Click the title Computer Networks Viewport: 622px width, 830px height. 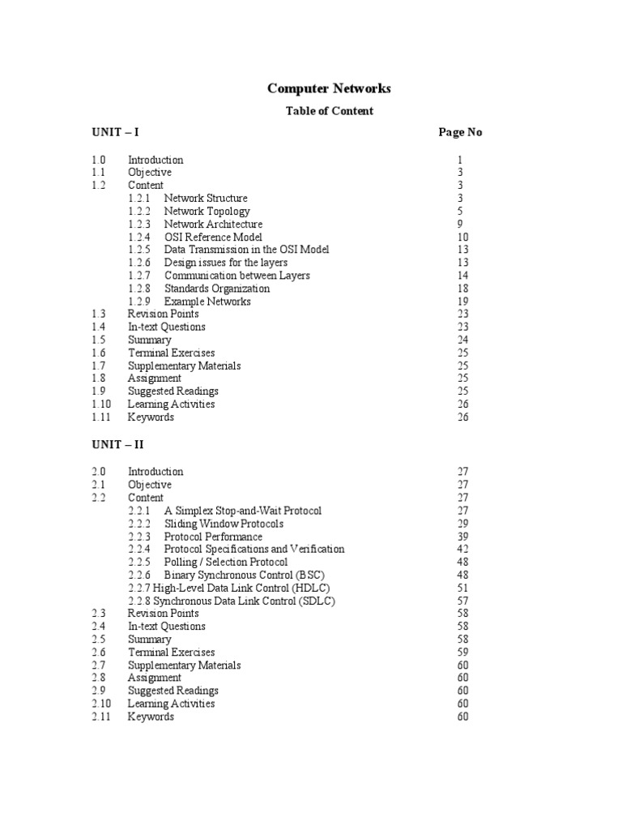(x=329, y=89)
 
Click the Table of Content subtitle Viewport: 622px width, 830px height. (x=329, y=111)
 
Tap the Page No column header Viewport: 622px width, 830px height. (x=460, y=132)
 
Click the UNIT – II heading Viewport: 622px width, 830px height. (x=117, y=444)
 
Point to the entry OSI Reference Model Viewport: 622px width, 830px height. (x=213, y=237)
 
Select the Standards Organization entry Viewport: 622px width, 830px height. (x=217, y=289)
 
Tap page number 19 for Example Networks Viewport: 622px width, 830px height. (x=462, y=302)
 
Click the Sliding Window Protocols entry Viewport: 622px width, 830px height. (x=224, y=524)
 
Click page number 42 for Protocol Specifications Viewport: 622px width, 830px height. (x=462, y=550)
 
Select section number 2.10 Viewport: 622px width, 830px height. (x=101, y=704)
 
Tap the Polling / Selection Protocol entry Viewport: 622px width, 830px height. (x=225, y=563)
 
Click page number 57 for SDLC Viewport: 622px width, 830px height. (x=462, y=601)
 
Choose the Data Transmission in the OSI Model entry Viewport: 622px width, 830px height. (x=246, y=250)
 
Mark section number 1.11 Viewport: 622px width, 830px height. (x=100, y=417)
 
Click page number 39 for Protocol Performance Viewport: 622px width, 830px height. (x=462, y=537)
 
